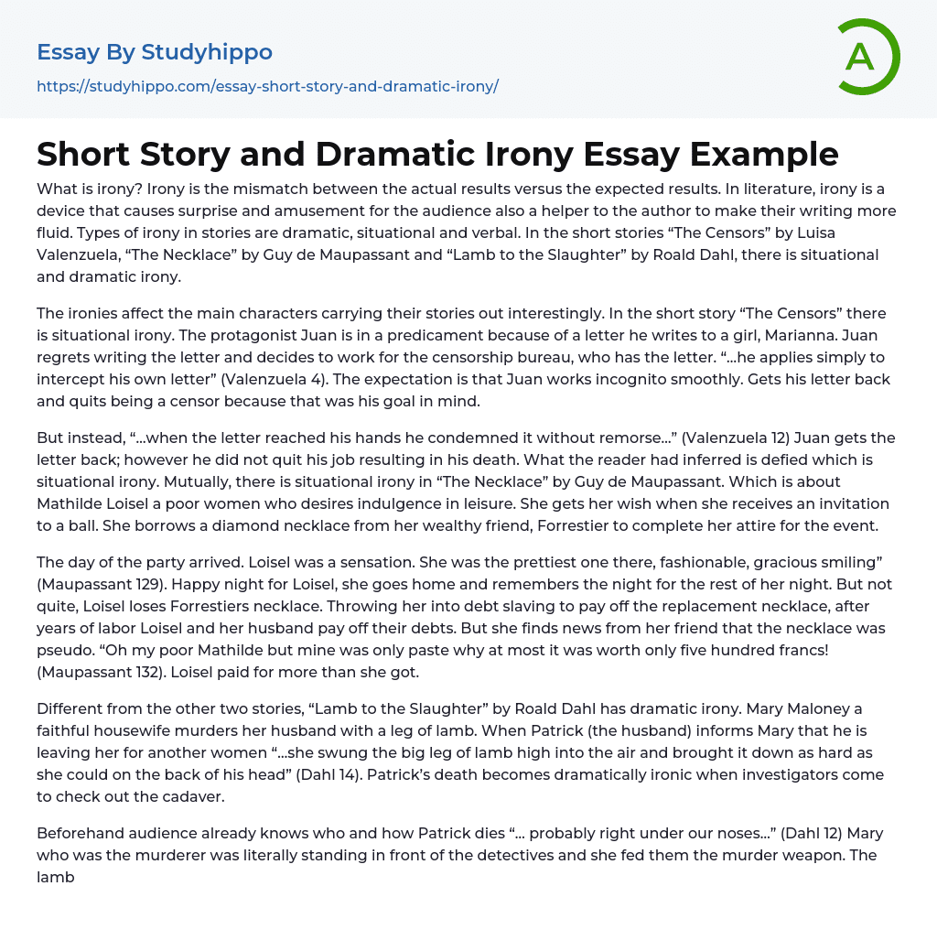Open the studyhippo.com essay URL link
coord(267,86)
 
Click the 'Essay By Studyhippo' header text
coord(155,52)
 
